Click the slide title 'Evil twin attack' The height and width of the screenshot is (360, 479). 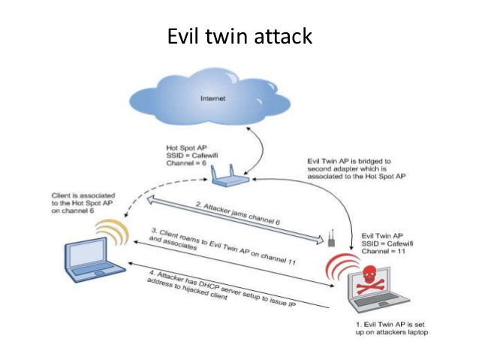pos(239,36)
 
